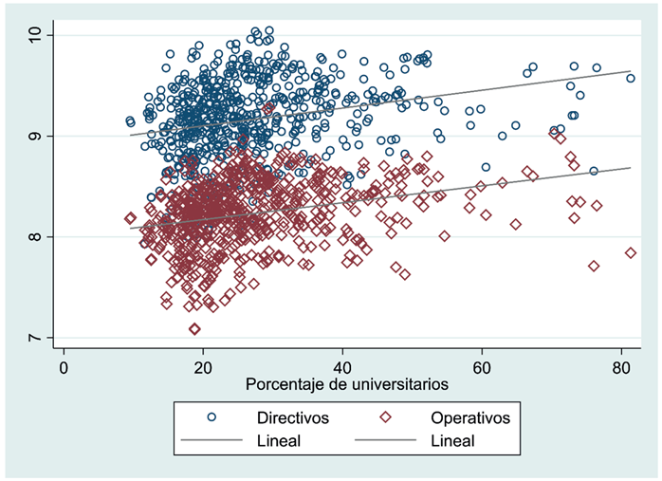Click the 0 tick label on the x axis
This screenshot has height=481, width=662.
pyautogui.click(x=64, y=368)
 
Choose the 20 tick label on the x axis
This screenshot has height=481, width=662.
pyautogui.click(x=203, y=368)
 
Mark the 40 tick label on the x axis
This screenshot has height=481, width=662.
pyautogui.click(x=342, y=368)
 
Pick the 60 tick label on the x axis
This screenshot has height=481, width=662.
pyautogui.click(x=482, y=368)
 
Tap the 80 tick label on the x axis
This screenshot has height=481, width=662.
pyautogui.click(x=621, y=368)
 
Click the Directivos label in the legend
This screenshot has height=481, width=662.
pyautogui.click(x=293, y=417)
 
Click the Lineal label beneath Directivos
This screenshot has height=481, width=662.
pyautogui.click(x=279, y=441)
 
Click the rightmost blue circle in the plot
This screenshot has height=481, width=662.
pyautogui.click(x=630, y=78)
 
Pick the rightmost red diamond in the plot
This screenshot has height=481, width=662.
pyautogui.click(x=630, y=252)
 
